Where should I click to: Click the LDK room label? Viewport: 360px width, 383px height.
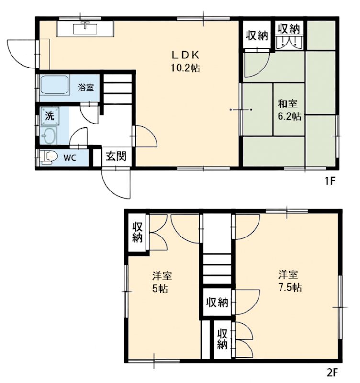(x=186, y=56)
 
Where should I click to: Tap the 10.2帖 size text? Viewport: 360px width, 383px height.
(x=185, y=68)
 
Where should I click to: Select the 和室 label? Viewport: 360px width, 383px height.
(x=288, y=104)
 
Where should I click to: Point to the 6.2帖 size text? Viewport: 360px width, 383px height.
(x=290, y=116)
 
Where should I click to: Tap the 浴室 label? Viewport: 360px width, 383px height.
(x=86, y=87)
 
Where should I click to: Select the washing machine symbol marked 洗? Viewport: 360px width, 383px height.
(x=50, y=116)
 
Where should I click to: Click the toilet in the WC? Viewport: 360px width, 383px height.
(x=49, y=157)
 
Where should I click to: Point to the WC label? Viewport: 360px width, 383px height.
(x=70, y=158)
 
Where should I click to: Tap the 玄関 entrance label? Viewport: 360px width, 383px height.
(x=116, y=157)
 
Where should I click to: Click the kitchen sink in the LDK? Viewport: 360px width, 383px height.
(x=85, y=29)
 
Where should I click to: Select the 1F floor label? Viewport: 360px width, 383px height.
(x=329, y=181)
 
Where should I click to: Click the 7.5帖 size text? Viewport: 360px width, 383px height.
(x=290, y=287)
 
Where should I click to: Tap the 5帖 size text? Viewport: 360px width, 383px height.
(x=160, y=289)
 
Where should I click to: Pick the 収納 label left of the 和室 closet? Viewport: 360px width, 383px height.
(x=257, y=35)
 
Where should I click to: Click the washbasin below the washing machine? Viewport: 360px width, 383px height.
(x=48, y=135)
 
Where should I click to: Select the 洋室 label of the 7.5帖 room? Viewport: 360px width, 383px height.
(x=288, y=275)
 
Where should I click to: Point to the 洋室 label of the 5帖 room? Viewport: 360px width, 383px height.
(x=162, y=276)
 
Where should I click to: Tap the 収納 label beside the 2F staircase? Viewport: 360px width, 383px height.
(x=217, y=303)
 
